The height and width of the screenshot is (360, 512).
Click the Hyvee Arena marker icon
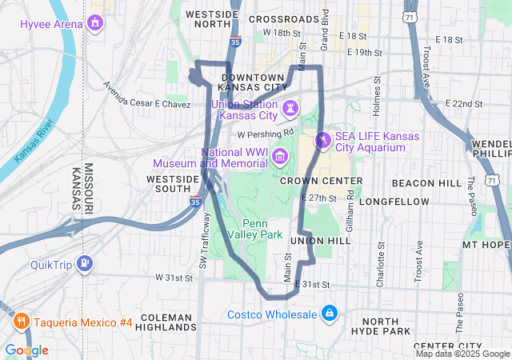(x=96, y=22)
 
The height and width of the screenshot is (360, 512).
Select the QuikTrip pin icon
(x=86, y=264)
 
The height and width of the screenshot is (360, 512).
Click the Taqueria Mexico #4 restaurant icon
(x=21, y=322)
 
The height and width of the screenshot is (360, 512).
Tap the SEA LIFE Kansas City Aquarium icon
(x=323, y=141)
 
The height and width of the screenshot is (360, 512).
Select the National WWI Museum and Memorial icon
(x=280, y=155)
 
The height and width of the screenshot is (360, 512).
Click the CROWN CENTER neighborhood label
(x=322, y=181)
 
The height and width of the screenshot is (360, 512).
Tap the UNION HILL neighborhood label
(x=321, y=241)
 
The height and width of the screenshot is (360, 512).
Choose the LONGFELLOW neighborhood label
(x=394, y=202)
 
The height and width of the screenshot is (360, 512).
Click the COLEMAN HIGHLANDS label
(x=167, y=322)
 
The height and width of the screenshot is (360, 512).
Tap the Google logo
(x=27, y=350)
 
